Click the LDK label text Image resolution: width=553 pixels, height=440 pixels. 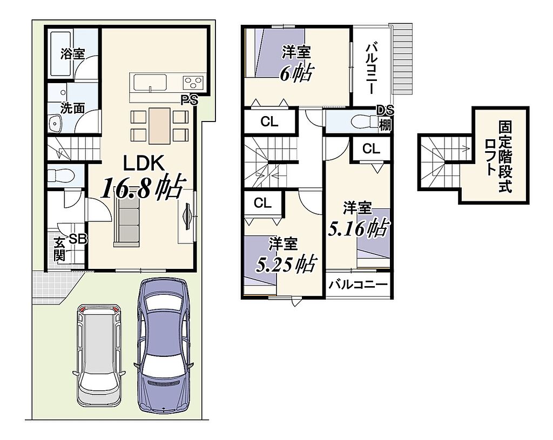[144, 163]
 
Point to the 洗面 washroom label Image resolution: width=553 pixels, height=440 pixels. [73, 108]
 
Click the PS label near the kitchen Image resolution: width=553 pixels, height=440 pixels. [190, 100]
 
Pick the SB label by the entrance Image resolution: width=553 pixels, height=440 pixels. [78, 239]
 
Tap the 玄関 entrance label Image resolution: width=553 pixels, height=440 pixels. [59, 249]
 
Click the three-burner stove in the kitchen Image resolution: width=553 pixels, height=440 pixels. [193, 83]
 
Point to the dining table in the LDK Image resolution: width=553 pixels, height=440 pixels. [159, 126]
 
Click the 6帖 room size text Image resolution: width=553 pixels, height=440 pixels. [295, 73]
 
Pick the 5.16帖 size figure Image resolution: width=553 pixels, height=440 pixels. [359, 228]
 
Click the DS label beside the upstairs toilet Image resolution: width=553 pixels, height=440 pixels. [385, 110]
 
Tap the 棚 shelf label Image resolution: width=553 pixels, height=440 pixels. [385, 125]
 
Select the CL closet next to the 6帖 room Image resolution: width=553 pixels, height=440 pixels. [269, 122]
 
